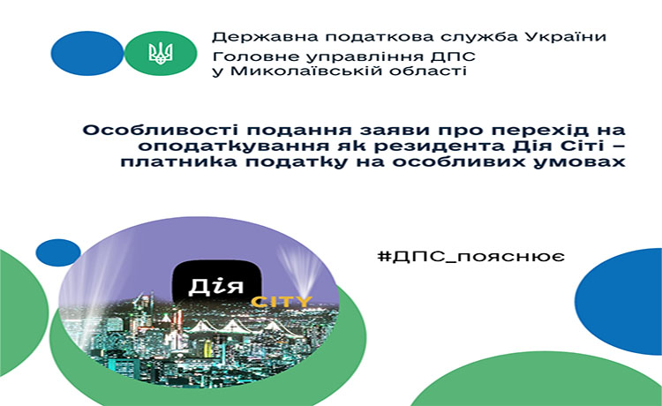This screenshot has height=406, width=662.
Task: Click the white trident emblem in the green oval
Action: [x=161, y=53]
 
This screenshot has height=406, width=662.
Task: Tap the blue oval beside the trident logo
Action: [x=87, y=53]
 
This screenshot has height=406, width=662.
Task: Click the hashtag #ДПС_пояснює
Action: [x=471, y=257]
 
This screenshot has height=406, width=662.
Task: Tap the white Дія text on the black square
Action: [x=215, y=286]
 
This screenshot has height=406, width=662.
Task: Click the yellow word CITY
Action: [x=282, y=302]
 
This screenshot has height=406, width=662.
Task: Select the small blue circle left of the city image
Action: [x=58, y=252]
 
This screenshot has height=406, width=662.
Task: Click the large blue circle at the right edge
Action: [x=619, y=301]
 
